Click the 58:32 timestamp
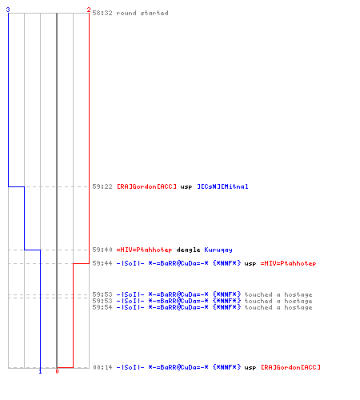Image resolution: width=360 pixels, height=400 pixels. tap(102, 13)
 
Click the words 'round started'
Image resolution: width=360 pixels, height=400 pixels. tap(142, 13)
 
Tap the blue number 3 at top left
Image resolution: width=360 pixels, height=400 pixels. tap(8, 10)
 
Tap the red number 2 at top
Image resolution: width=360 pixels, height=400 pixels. tap(89, 10)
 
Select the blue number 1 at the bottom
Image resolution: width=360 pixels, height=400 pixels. tap(40, 371)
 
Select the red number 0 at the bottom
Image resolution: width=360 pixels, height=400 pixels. tap(57, 371)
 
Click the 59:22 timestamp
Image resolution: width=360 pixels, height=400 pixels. tap(102, 186)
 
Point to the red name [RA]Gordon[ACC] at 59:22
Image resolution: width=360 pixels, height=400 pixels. tap(146, 186)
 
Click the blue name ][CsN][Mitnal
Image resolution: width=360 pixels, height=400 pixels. tap(222, 186)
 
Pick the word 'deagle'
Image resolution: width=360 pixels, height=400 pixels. tap(188, 250)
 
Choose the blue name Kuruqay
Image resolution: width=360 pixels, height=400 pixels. tap(218, 250)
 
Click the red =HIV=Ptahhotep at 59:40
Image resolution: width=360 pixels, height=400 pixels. tap(144, 250)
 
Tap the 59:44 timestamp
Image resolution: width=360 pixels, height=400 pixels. tap(102, 263)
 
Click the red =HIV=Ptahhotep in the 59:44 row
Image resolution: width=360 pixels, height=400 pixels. tap(288, 263)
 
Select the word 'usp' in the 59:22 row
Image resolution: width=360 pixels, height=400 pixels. tap(186, 187)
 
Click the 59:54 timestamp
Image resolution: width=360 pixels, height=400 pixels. tap(102, 307)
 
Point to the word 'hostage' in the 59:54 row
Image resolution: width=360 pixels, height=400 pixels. tap(298, 308)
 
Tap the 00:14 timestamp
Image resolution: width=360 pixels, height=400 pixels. tap(102, 367)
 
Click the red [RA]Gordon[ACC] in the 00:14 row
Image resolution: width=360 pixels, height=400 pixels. tap(290, 367)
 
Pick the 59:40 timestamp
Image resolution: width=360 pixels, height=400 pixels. tap(102, 250)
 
